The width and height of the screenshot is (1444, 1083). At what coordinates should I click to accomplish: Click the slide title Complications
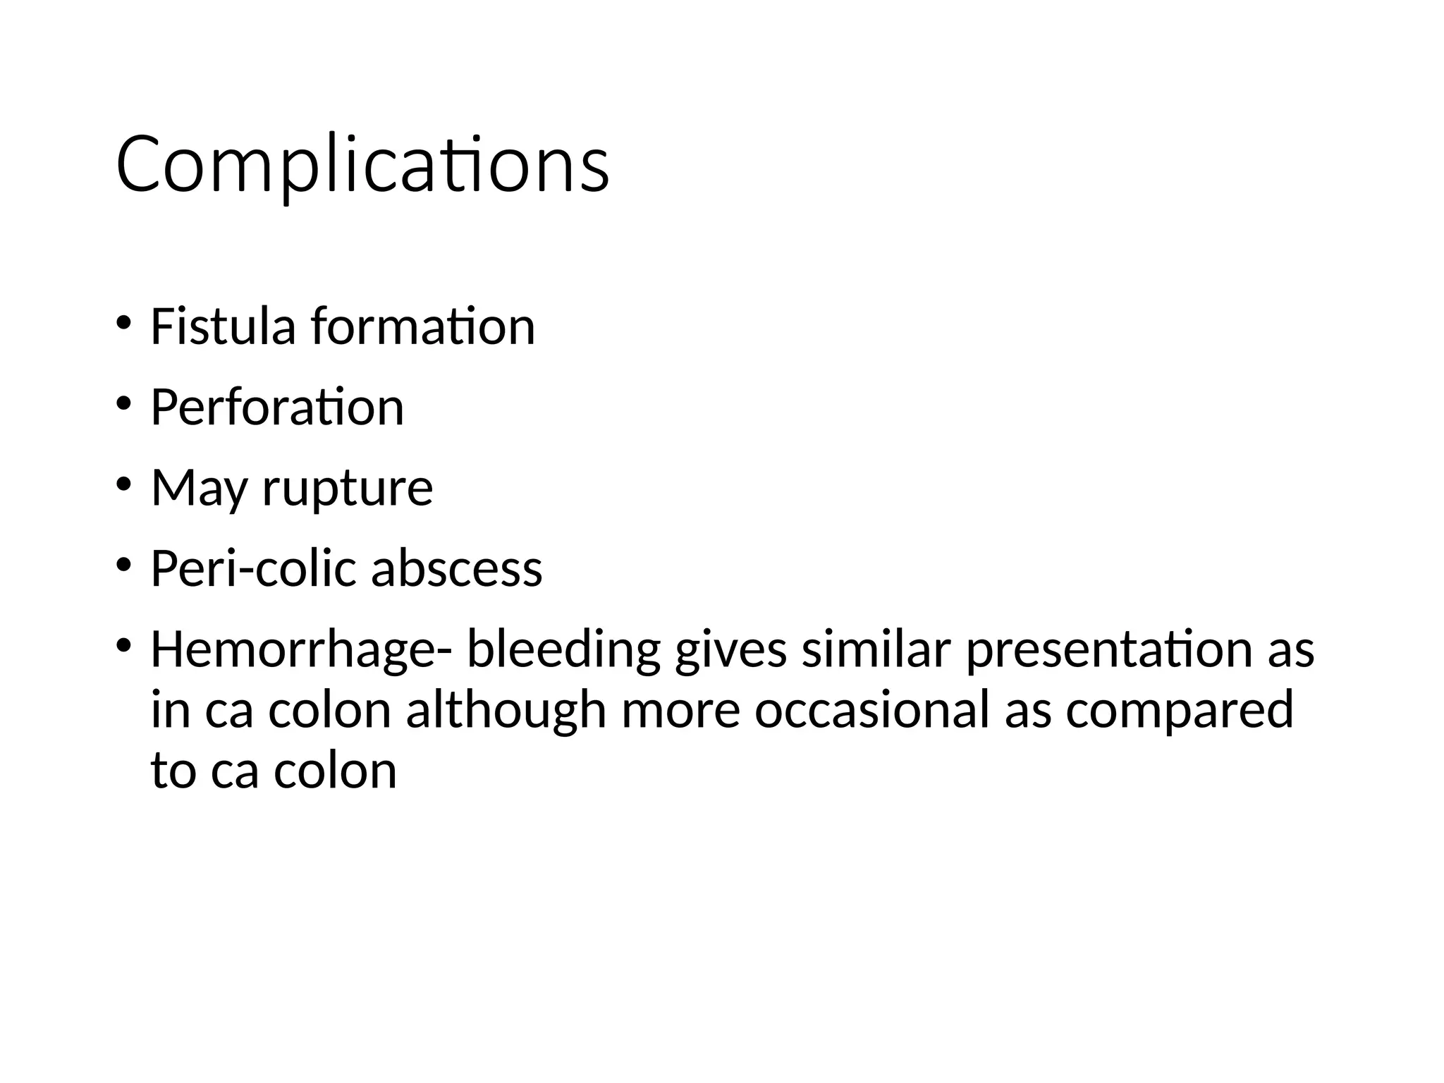[362, 165]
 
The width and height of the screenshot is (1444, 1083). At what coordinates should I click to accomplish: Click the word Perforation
[277, 408]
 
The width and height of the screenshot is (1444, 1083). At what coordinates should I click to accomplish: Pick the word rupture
[348, 488]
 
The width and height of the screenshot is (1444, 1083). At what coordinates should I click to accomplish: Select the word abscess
[457, 568]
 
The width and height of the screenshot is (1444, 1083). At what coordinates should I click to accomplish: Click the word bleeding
[563, 649]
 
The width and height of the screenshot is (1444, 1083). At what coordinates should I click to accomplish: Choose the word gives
[730, 649]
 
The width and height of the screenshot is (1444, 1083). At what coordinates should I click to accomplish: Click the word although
[506, 710]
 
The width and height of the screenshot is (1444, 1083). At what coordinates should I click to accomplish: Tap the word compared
[1180, 710]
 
